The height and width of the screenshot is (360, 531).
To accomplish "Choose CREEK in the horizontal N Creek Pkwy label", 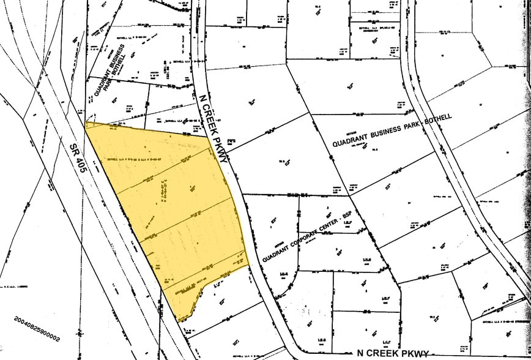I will [383, 353].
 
